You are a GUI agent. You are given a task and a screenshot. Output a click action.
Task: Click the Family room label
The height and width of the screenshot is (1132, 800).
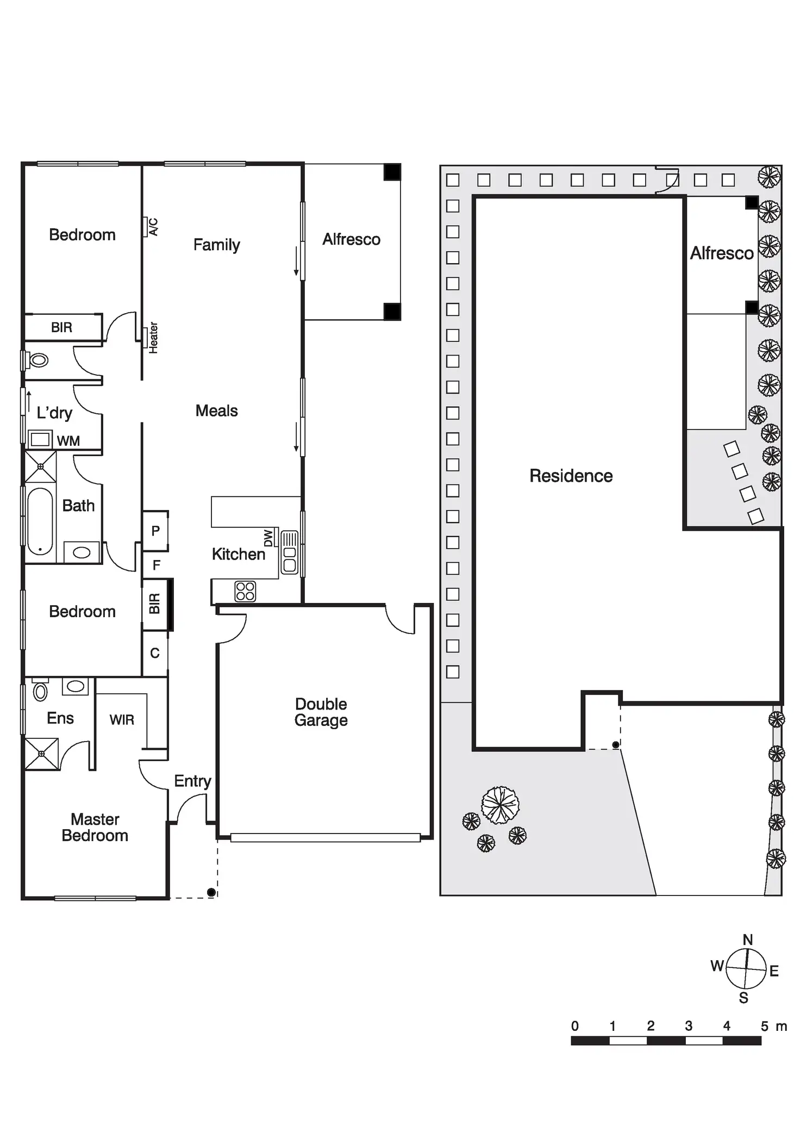216,245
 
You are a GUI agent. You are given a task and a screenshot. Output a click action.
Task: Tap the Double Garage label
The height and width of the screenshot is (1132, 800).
321,712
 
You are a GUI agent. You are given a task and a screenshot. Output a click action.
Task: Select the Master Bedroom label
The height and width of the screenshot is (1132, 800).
95,827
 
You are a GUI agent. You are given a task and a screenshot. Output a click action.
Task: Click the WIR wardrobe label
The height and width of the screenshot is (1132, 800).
122,720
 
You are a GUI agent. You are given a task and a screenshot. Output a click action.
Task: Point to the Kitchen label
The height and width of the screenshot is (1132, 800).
238,554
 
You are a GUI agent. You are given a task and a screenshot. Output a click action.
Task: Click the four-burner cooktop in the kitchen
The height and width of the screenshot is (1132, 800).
245,591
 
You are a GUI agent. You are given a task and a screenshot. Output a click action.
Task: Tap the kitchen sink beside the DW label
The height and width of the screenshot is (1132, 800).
290,552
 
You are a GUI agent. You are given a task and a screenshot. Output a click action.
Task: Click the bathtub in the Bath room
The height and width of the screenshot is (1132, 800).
40,521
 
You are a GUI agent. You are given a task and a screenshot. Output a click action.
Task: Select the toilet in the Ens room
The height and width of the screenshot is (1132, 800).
40,691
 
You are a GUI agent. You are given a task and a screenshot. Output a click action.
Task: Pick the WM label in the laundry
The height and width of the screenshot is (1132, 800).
68,441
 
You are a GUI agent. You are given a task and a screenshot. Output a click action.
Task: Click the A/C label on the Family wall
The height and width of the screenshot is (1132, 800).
153,227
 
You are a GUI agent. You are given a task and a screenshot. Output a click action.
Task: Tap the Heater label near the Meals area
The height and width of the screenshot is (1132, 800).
153,338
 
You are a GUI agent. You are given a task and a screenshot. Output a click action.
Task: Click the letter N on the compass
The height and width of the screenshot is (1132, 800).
748,940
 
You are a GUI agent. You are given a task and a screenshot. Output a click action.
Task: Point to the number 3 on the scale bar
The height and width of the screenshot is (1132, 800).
688,1026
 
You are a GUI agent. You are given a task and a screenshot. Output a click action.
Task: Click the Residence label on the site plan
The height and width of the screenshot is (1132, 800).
571,476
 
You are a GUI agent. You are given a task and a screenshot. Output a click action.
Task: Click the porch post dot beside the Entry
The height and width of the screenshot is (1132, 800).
211,892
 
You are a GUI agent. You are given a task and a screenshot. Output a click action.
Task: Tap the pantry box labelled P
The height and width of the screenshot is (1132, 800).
155,531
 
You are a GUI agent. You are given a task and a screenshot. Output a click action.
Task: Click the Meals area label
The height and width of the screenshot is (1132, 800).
216,410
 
